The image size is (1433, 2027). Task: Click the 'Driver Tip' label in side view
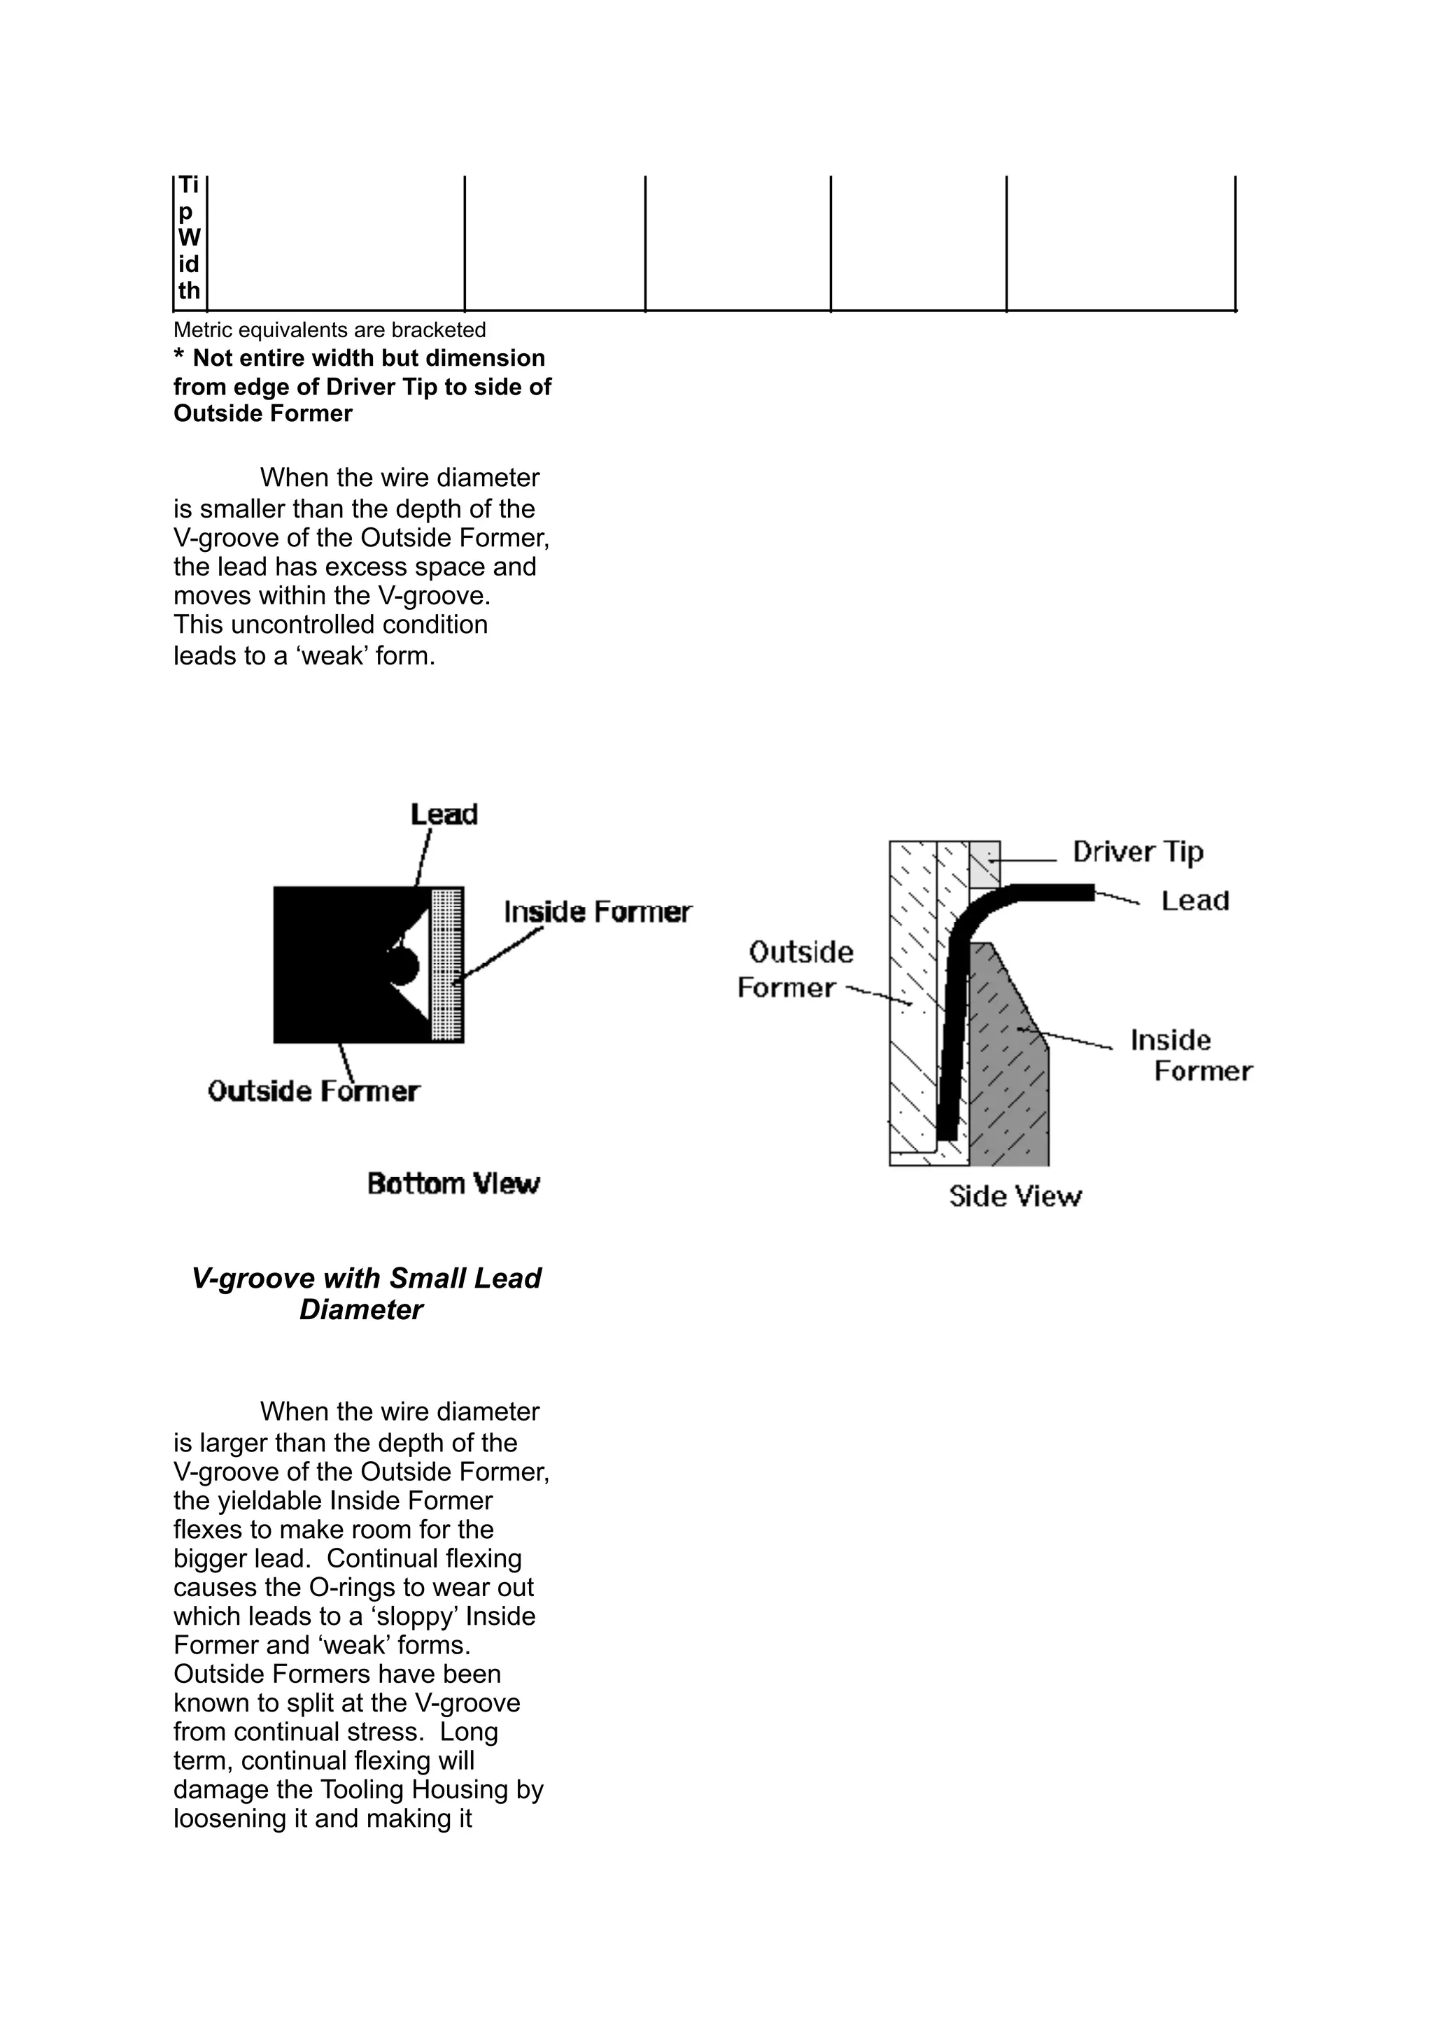[x=1137, y=852]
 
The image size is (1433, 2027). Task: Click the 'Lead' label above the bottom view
[x=444, y=814]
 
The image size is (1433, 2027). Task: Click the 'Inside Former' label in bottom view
[x=598, y=912]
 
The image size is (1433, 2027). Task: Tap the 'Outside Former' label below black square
[x=313, y=1091]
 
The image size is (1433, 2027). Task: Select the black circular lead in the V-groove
[x=402, y=966]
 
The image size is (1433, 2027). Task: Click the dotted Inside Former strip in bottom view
[x=447, y=965]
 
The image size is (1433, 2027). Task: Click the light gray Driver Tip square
[x=984, y=863]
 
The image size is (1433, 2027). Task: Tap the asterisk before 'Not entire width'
[x=179, y=357]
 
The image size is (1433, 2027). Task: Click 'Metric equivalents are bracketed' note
[x=330, y=330]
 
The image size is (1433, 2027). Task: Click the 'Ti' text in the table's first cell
[x=188, y=186]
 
